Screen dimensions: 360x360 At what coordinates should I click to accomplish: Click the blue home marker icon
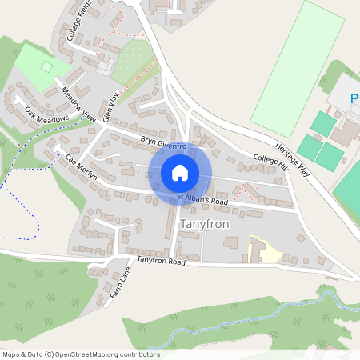180,173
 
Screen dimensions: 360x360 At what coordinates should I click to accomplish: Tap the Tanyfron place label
205,224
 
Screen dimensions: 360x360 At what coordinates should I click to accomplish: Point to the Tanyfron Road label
161,262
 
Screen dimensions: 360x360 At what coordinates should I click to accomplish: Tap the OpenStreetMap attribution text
81,354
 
